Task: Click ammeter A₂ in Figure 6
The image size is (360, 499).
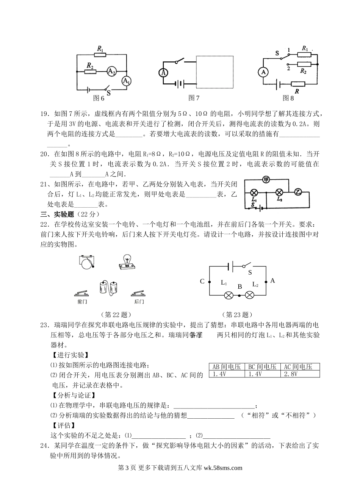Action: [x=111, y=71]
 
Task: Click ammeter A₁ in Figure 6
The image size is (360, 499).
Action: [x=126, y=81]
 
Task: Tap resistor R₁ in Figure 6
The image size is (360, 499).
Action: [x=100, y=55]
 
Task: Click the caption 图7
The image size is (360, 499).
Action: [x=194, y=98]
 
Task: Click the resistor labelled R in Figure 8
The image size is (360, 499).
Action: [x=298, y=84]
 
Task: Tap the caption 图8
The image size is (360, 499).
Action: [x=288, y=98]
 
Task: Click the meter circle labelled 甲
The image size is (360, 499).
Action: [x=266, y=180]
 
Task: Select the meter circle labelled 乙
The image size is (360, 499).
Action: [x=297, y=192]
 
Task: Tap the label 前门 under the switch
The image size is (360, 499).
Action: [x=82, y=302]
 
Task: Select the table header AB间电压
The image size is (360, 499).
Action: [x=227, y=366]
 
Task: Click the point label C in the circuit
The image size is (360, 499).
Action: [x=202, y=281]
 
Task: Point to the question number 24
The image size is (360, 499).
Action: [x=44, y=446]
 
